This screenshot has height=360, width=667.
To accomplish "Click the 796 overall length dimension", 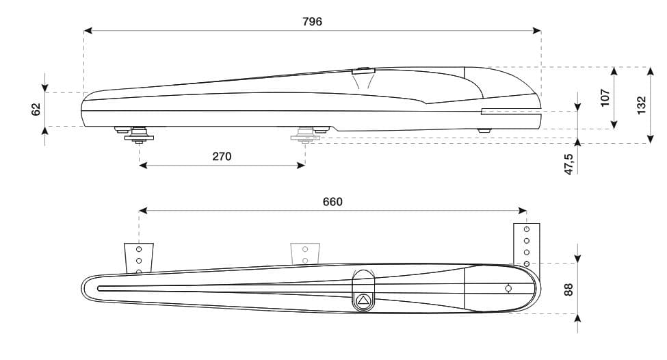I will coord(312,21).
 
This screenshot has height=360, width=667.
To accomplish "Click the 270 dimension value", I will coord(222,156).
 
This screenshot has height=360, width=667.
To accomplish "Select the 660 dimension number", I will coord(332,202).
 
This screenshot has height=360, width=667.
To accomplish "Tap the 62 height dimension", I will coord(36,109).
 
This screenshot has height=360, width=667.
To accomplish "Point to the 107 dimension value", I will coord(605,98).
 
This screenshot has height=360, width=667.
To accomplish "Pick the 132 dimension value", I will coord(641,105).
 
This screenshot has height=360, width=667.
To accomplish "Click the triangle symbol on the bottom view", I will coord(364,299).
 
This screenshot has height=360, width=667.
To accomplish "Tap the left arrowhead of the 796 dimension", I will coord(88,30).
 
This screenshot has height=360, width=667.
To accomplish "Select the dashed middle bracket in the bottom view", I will coord(304,254).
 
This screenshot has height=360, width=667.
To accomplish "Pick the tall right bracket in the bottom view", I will coord(527,244).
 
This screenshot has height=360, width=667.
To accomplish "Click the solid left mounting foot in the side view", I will coord(139,135).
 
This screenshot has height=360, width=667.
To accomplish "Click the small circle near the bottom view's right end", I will coord(508,289).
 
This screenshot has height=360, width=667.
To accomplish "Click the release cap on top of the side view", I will coord(363,70).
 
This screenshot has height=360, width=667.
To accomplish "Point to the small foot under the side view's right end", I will coord(484,129).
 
